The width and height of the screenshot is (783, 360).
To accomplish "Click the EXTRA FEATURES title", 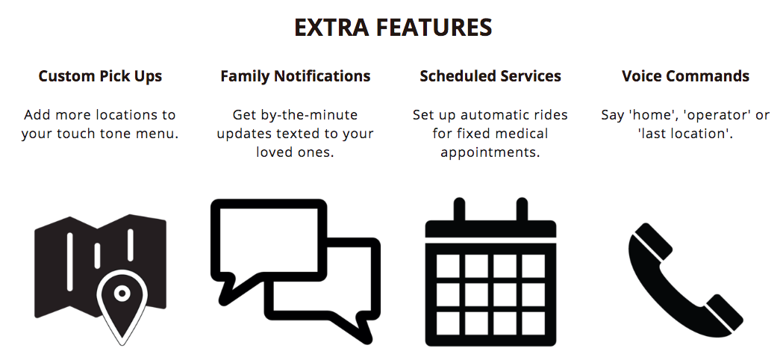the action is [393, 27].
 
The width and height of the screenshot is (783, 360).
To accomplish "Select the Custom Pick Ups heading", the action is [100, 76].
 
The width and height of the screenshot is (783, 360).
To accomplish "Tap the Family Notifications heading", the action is [295, 76].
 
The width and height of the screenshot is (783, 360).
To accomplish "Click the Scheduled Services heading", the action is [490, 76].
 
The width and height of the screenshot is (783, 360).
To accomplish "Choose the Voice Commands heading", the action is [685, 76].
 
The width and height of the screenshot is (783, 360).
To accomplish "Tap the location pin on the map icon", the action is [122, 305].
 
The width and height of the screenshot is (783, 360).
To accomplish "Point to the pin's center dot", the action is [122, 293].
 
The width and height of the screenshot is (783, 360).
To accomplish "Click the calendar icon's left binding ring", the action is [459, 210].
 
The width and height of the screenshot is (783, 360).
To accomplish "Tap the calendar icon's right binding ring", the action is [522, 210].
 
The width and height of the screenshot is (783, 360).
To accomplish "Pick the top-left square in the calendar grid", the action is [447, 266].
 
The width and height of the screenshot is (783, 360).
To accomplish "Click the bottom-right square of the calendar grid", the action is [533, 323].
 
